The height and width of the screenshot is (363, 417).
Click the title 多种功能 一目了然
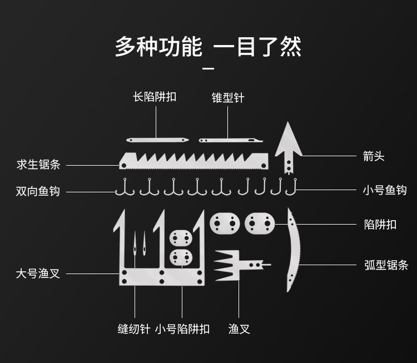209,47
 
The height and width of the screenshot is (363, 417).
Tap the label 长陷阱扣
155,97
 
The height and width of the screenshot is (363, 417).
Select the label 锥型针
228,98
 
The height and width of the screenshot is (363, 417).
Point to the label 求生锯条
38,165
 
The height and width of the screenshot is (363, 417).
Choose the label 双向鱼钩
38,191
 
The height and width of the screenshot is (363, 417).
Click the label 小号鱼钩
384,191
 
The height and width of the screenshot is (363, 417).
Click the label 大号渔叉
38,274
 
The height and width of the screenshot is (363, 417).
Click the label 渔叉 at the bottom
239,329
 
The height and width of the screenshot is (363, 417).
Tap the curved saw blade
294,250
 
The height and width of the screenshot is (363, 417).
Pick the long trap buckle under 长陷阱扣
157,140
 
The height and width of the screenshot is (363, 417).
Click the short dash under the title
209,69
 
